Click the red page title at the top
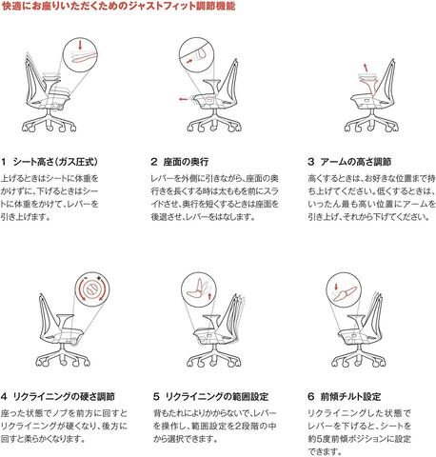118,6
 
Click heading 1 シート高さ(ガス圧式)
50,162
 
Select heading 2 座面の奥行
180,162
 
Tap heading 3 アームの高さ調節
349,162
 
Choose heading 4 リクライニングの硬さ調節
58,396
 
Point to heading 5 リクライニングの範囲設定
210,396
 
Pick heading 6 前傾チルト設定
345,396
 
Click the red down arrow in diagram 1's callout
80,45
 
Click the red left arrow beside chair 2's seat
183,99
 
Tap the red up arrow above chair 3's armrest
366,67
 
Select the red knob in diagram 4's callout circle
92,288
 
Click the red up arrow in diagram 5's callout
209,297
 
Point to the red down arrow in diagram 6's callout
336,287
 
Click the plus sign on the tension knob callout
99,278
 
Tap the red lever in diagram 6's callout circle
346,293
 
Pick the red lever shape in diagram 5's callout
196,289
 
